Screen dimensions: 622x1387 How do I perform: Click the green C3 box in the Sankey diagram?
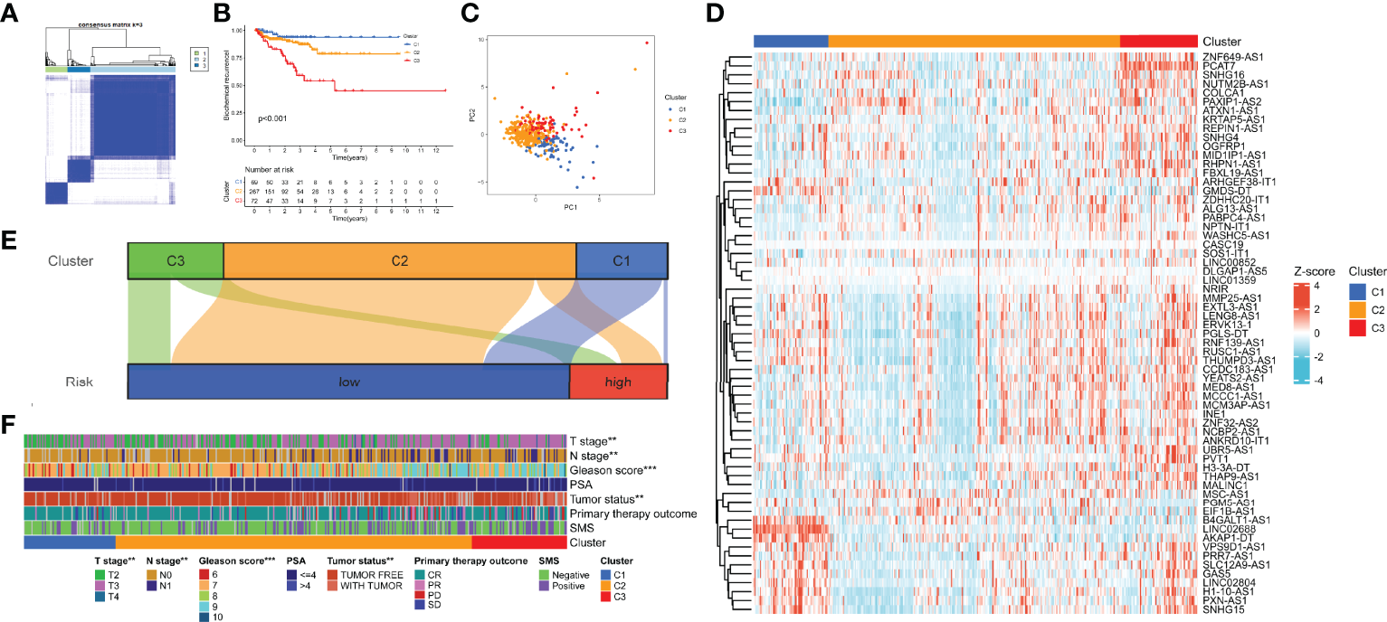[x=176, y=259]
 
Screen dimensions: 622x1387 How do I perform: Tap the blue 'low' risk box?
[x=348, y=382]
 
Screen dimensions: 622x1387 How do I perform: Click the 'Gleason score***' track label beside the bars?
[x=613, y=470]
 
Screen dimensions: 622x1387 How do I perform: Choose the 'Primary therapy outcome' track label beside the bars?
[x=632, y=513]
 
